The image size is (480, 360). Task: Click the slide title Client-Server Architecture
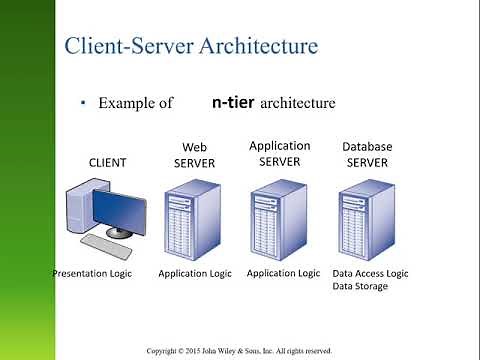click(191, 47)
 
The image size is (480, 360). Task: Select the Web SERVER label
click(194, 156)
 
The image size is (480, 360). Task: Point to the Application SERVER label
click(280, 153)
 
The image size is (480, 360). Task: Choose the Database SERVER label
click(367, 153)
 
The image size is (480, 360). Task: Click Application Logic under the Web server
click(196, 272)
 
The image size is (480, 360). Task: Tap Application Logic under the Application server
click(283, 272)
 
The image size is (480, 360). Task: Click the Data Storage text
click(360, 286)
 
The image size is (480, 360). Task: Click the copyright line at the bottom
click(239, 351)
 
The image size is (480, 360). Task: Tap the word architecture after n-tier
click(299, 102)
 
